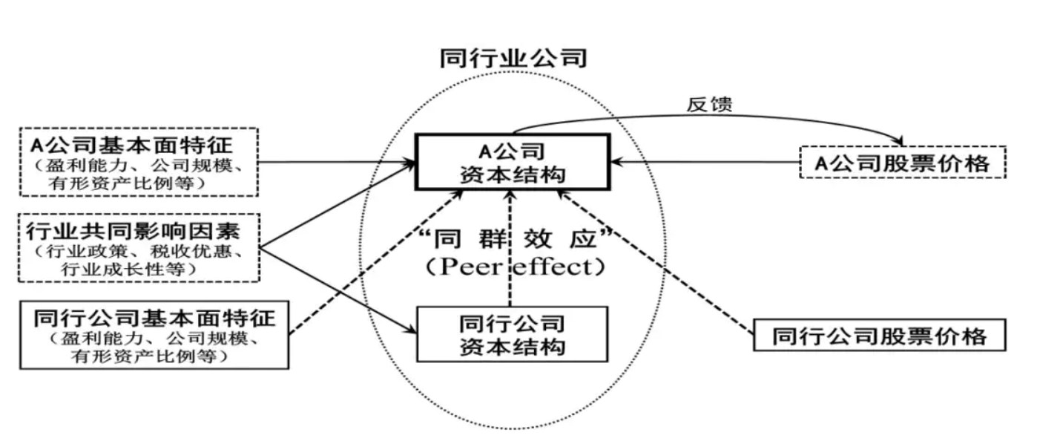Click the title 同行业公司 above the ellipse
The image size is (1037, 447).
tap(513, 58)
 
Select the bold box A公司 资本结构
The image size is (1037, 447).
tap(512, 163)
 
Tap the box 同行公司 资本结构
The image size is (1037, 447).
tap(512, 335)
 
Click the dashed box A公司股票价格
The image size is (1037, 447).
tap(903, 163)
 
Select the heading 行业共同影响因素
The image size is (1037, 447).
tap(139, 229)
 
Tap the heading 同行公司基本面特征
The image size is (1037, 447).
tap(154, 318)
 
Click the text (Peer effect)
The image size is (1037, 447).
tap(513, 266)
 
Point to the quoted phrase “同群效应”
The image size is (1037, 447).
tap(513, 241)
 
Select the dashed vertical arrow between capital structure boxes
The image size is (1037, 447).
tap(510, 249)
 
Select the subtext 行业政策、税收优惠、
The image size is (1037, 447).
tap(139, 251)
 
